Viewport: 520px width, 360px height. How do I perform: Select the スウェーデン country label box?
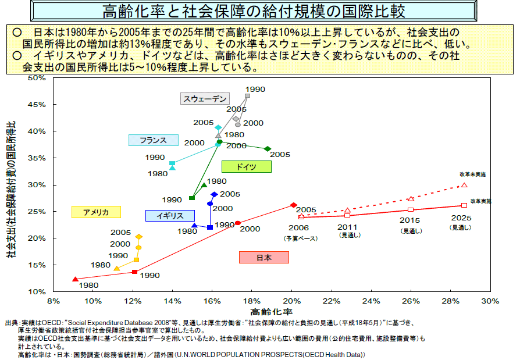pyautogui.click(x=205, y=99)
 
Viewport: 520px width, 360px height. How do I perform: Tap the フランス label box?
pyautogui.click(x=154, y=140)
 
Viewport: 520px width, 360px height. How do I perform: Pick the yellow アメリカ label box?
pyautogui.click(x=96, y=212)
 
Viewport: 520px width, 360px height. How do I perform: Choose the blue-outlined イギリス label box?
pyautogui.click(x=170, y=215)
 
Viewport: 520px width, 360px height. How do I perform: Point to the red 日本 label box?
pyautogui.click(x=264, y=258)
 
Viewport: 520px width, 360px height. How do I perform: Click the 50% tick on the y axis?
pyautogui.click(x=38, y=77)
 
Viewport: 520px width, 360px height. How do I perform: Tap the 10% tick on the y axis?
pyautogui.click(x=38, y=291)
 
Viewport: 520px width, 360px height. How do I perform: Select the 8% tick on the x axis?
pyautogui.click(x=54, y=301)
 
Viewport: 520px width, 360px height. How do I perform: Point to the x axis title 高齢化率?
pyautogui.click(x=272, y=312)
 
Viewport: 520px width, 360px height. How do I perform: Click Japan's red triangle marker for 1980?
pyautogui.click(x=74, y=279)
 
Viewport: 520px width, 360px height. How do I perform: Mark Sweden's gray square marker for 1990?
pyautogui.click(x=248, y=96)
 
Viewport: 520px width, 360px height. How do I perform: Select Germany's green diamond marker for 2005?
pyautogui.click(x=268, y=149)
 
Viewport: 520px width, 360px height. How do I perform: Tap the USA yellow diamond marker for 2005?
pyautogui.click(x=138, y=237)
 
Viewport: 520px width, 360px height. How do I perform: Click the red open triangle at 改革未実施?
pyautogui.click(x=464, y=185)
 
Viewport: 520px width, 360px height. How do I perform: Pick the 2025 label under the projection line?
pyautogui.click(x=460, y=218)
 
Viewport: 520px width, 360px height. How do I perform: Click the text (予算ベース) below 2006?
pyautogui.click(x=299, y=238)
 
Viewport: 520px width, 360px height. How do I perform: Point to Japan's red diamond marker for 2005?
pyautogui.click(x=293, y=205)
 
